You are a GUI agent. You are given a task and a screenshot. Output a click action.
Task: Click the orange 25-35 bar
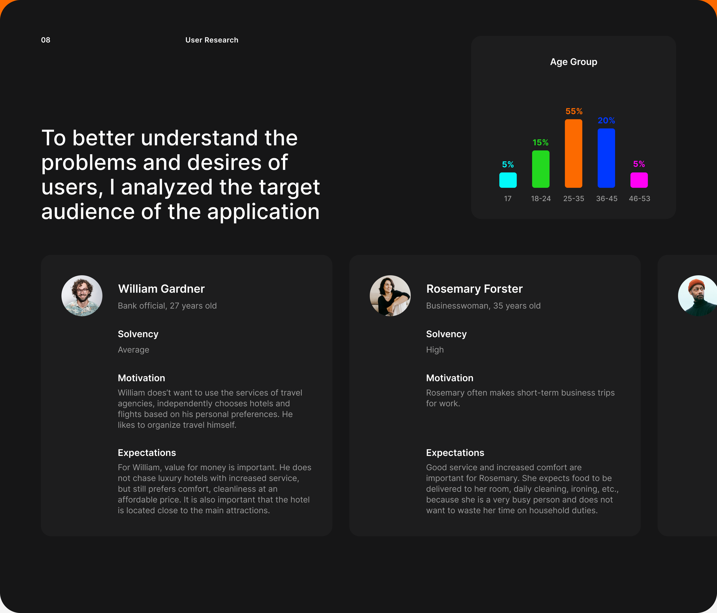tap(573, 154)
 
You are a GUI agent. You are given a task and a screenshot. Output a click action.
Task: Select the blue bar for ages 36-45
tap(606, 158)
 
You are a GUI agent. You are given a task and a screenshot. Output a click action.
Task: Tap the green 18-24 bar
tap(541, 169)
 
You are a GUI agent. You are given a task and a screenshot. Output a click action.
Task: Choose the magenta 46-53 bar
tap(639, 180)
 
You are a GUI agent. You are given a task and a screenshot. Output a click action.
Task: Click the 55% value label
tap(574, 111)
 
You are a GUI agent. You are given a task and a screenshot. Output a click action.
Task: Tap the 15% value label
tap(541, 143)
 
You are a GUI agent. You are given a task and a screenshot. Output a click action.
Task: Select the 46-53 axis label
tap(639, 199)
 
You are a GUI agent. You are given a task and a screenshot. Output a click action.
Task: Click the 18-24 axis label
tap(541, 199)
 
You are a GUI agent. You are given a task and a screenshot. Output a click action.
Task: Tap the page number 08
tap(46, 40)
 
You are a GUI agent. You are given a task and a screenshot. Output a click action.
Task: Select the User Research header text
tap(212, 40)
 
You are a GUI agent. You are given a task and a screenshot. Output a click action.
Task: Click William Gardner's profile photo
tap(82, 295)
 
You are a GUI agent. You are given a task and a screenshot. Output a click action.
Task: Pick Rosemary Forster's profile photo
tap(390, 295)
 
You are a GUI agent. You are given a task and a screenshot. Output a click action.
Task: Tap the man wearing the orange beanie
tap(698, 295)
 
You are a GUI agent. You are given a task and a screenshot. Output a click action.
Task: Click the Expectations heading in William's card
tap(147, 453)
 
